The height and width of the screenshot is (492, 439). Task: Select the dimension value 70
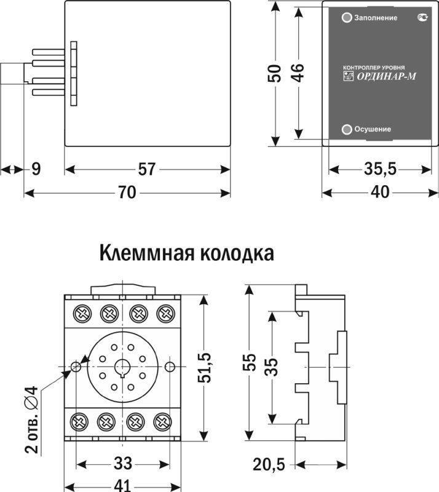[x=127, y=193]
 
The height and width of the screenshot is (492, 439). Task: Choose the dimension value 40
[x=380, y=193]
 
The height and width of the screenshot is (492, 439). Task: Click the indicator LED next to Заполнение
[x=347, y=18]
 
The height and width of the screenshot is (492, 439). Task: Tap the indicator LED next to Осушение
[x=347, y=129]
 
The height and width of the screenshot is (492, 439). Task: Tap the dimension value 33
[x=123, y=462]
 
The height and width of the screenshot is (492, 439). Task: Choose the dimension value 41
[x=123, y=485]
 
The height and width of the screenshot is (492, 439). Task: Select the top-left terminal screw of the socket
[x=81, y=312]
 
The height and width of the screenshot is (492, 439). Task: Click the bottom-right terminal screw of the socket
[x=163, y=422]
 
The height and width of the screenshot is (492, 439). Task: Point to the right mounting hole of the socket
[x=170, y=367]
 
